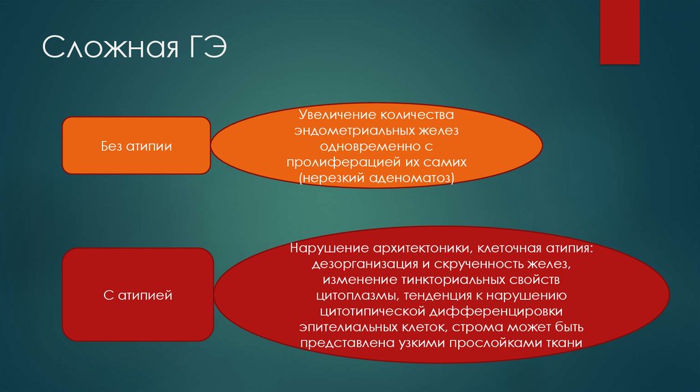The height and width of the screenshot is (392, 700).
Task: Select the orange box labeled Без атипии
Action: coord(136,145)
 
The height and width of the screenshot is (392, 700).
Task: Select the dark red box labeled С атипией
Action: coord(139,295)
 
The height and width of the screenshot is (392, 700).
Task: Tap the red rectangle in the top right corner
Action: coord(619,31)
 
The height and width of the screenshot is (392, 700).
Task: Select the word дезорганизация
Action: coord(358,264)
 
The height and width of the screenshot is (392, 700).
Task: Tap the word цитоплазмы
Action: coord(356,296)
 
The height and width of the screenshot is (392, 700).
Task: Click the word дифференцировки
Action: coord(489,311)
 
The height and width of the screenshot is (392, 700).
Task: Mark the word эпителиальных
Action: coord(342,328)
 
